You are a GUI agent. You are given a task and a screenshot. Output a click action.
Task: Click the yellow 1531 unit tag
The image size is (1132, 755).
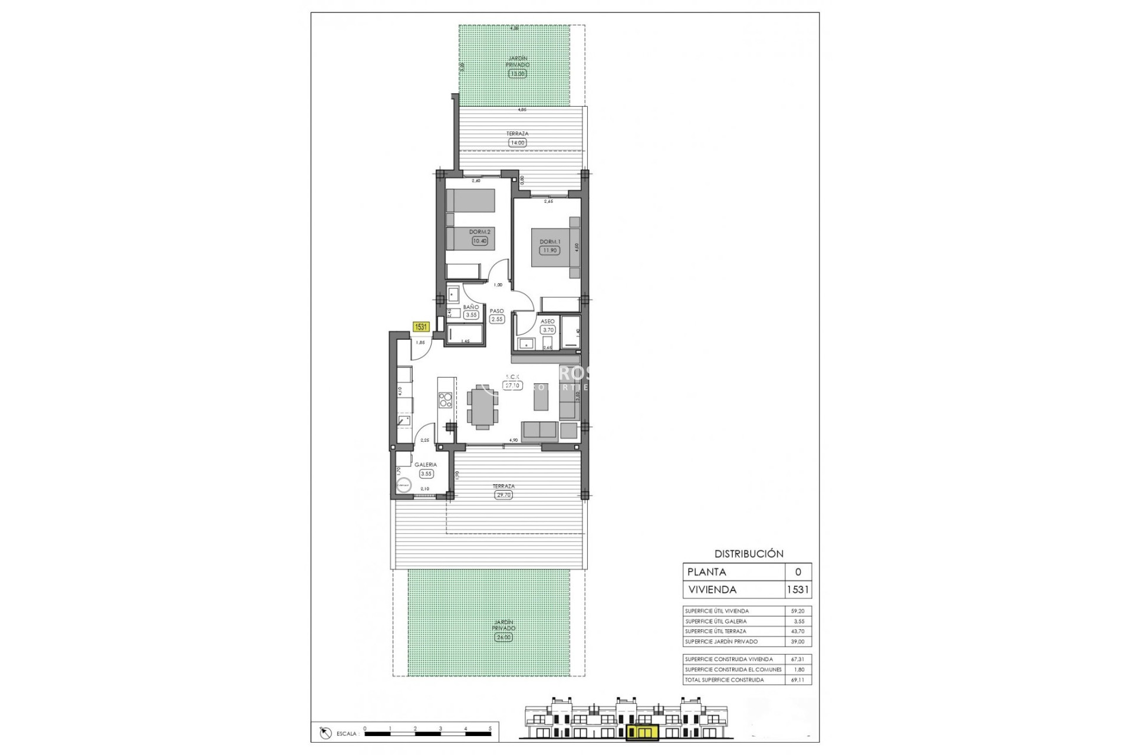tap(421, 327)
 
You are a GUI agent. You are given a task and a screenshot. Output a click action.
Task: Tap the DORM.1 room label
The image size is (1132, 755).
tap(549, 242)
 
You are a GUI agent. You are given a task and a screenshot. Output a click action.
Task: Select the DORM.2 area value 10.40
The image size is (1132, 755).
tap(479, 241)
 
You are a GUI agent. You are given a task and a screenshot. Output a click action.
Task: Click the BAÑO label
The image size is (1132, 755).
tap(470, 307)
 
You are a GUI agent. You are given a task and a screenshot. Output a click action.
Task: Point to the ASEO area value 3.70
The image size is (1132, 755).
tap(548, 330)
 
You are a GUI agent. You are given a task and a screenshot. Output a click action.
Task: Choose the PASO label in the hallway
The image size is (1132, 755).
tap(497, 311)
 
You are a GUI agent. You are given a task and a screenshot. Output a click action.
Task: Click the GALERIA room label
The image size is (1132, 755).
tap(425, 465)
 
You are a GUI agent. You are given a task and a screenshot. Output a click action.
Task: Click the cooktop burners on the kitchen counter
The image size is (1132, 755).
tap(446, 400)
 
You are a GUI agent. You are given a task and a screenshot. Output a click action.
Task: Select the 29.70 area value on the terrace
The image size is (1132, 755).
tap(504, 495)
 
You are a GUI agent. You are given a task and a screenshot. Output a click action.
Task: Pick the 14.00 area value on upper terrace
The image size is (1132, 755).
tap(517, 142)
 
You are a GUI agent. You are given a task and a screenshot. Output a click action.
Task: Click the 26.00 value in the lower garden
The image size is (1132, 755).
tap(504, 638)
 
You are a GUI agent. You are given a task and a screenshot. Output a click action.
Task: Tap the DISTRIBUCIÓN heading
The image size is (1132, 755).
tap(749, 554)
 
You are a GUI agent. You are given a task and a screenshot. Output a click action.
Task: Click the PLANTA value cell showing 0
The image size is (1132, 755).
tap(798, 572)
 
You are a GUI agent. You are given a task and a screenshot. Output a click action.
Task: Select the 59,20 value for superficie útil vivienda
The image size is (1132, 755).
tap(797, 611)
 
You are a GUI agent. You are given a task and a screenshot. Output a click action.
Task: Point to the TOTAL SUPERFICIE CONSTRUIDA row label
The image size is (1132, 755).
tap(724, 680)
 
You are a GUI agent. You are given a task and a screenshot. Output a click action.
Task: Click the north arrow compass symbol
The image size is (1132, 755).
tap(325, 733)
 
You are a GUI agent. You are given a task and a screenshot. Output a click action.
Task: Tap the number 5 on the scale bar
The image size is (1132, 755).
tap(490, 729)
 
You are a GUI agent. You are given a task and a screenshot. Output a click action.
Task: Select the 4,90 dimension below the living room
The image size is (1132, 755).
tap(513, 440)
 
